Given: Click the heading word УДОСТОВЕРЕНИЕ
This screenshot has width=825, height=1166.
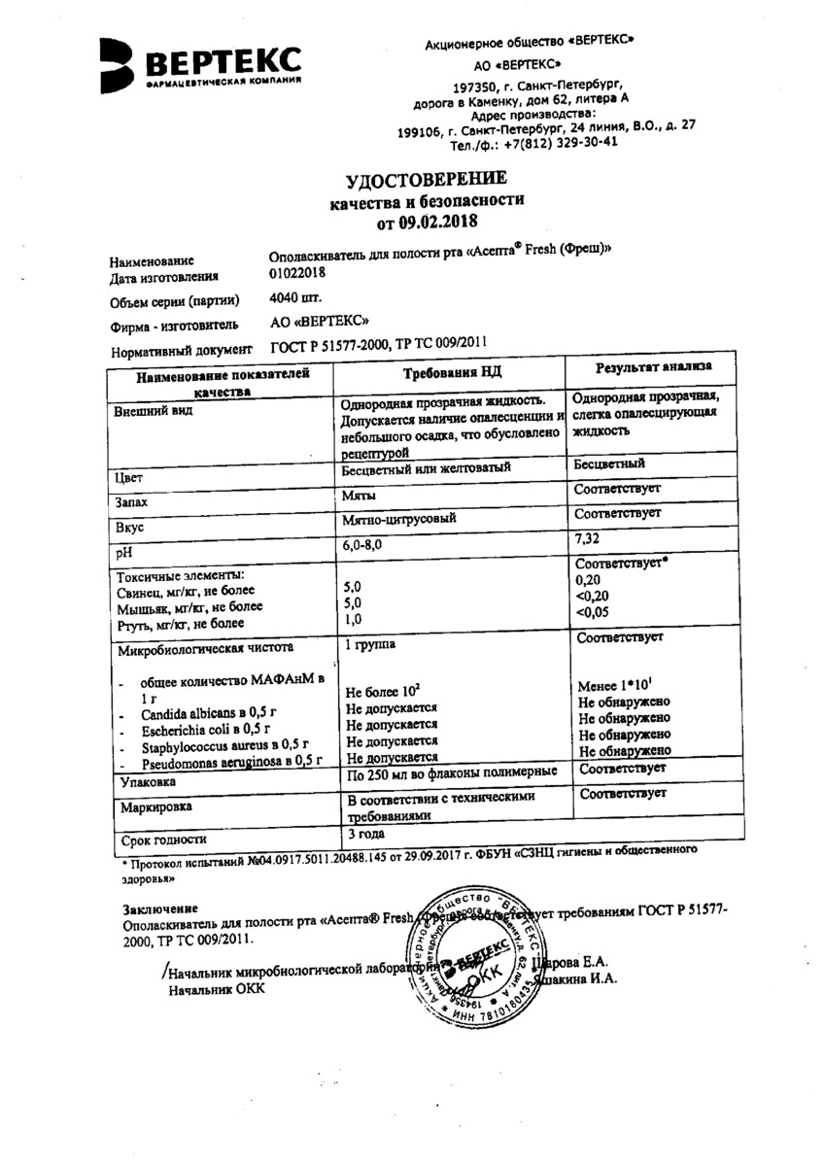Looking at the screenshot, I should pyautogui.click(x=427, y=179).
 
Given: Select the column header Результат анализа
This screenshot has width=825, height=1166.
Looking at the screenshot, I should pyautogui.click(x=652, y=367).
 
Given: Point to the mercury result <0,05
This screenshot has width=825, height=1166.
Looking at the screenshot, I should pyautogui.click(x=596, y=612).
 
